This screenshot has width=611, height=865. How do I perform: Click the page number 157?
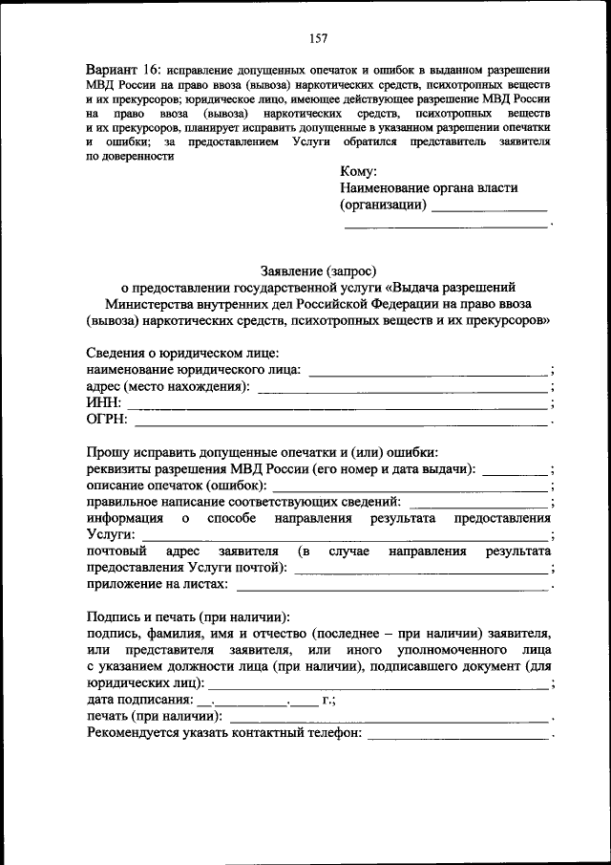[319, 38]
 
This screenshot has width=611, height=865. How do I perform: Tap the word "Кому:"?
[359, 172]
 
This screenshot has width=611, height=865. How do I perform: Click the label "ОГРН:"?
[106, 420]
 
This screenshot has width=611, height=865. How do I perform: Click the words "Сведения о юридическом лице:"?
[182, 353]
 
